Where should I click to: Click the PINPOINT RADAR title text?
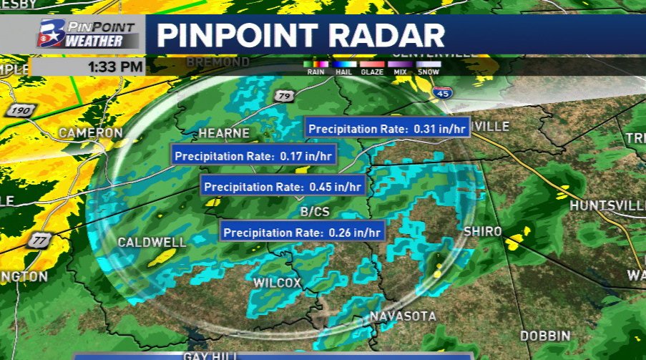point(300,34)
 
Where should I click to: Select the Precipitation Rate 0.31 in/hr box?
point(387,129)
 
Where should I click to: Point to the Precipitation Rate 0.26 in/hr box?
point(303,232)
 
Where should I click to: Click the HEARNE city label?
point(224,133)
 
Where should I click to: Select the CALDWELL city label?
point(152,243)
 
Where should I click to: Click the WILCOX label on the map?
point(277,283)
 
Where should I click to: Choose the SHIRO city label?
point(483,231)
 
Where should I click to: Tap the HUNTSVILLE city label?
point(607,205)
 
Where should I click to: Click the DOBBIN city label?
point(545,336)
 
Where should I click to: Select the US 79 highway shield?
point(285,96)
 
